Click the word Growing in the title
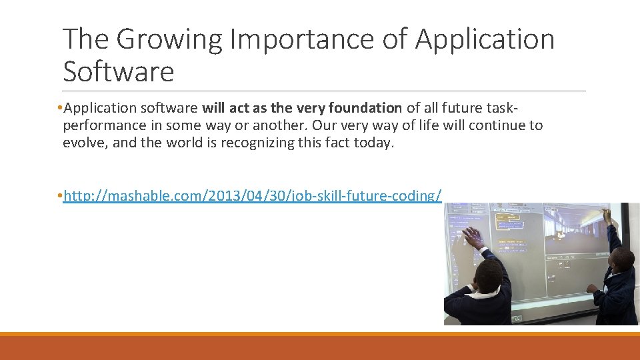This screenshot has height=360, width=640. click(x=169, y=39)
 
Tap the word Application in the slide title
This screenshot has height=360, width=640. click(x=484, y=39)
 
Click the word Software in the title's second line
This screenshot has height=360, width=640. click(x=118, y=71)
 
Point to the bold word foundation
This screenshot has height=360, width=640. click(x=362, y=108)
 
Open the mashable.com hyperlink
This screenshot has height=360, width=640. click(x=252, y=195)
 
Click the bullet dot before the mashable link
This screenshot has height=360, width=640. click(x=59, y=195)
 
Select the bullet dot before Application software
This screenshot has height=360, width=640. click(x=59, y=108)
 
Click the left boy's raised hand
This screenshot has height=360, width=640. click(x=472, y=237)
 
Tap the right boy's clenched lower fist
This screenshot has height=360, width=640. click(x=591, y=289)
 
